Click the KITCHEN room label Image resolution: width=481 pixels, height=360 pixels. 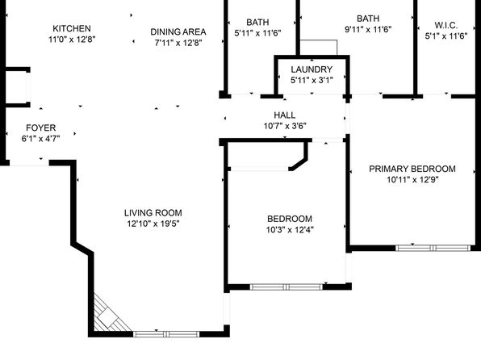[72, 28]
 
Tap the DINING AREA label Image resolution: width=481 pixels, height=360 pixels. [178, 32]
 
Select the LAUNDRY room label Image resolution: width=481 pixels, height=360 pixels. [312, 69]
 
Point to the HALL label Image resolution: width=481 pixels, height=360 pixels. [285, 115]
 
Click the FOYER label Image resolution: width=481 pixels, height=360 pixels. [41, 128]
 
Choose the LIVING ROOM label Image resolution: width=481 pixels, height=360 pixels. [153, 212]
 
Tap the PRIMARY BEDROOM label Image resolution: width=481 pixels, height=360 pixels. [412, 169]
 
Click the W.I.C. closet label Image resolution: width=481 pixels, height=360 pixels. [446, 25]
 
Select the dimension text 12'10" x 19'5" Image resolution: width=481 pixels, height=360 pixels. [153, 224]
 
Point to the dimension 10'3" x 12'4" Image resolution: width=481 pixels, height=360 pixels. [290, 229]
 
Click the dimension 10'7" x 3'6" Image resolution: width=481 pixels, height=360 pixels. [285, 126]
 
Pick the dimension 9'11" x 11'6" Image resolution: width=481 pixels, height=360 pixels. [368, 30]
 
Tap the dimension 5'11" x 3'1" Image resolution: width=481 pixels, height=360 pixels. [312, 80]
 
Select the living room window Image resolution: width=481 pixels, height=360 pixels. [166, 334]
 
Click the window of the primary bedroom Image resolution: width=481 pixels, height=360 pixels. [433, 248]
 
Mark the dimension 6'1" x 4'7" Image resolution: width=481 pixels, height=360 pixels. [41, 138]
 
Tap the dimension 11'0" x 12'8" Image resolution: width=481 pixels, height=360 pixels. [72, 40]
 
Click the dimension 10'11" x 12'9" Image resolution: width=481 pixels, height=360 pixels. [412, 179]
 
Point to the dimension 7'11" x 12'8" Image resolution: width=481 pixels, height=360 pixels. [178, 43]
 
